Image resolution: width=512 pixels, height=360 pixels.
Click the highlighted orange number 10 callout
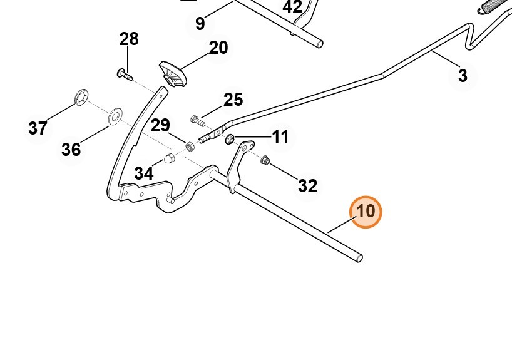[366, 212]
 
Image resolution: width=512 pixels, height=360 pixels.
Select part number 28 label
[129, 39]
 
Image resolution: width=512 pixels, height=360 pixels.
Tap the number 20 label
[218, 48]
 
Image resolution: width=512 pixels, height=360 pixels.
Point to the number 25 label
[233, 100]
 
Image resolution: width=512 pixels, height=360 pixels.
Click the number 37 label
[38, 128]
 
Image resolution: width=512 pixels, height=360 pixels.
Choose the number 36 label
[71, 150]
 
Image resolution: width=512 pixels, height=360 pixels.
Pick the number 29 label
[160, 125]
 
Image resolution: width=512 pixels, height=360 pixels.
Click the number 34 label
[143, 173]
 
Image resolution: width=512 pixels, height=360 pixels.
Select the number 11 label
[280, 136]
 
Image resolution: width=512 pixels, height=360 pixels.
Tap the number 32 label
[307, 185]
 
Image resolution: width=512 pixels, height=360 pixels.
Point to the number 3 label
[463, 76]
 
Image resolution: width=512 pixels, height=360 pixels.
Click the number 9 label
[200, 24]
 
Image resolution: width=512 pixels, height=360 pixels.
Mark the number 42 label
[292, 8]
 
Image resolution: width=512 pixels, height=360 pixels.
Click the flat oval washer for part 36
[115, 116]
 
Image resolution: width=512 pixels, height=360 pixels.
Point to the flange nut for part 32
[264, 160]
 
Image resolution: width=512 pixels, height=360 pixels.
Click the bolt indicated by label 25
[195, 118]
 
